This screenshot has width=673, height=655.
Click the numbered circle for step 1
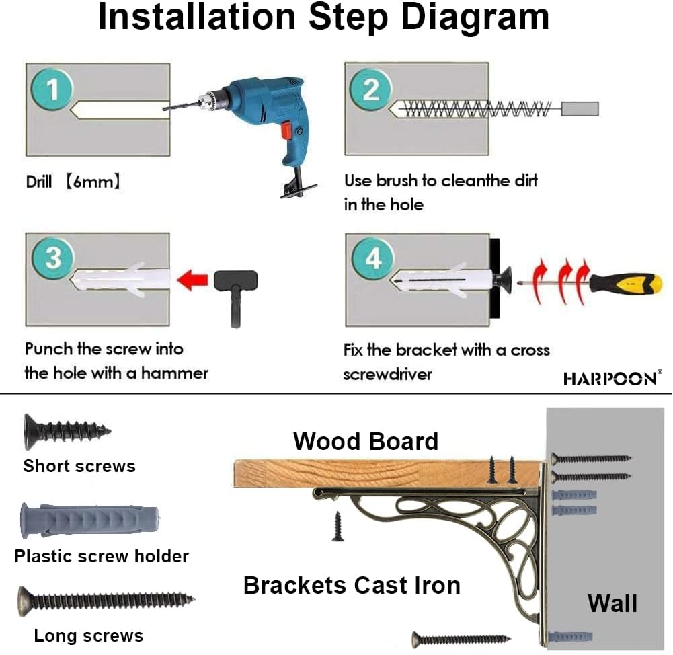tap(52, 89)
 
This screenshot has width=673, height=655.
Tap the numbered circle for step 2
tap(371, 89)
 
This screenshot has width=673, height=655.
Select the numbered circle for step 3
tap(53, 258)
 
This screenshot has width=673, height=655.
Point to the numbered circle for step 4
tap(373, 258)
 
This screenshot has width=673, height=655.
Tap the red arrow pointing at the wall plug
tap(192, 279)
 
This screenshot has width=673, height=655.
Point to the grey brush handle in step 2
tap(580, 108)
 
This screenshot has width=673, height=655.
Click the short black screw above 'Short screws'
tap(67, 431)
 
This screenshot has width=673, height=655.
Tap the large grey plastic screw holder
tap(90, 521)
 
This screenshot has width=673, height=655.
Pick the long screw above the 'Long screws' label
tap(106, 601)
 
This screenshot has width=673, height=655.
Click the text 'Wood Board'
tap(366, 441)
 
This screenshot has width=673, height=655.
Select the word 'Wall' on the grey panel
tap(612, 603)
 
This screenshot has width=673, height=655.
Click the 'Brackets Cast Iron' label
tap(352, 585)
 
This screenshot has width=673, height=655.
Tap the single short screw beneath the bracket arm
tap(338, 526)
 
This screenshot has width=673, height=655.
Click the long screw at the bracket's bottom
tap(461, 639)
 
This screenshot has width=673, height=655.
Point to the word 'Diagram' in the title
tap(475, 18)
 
